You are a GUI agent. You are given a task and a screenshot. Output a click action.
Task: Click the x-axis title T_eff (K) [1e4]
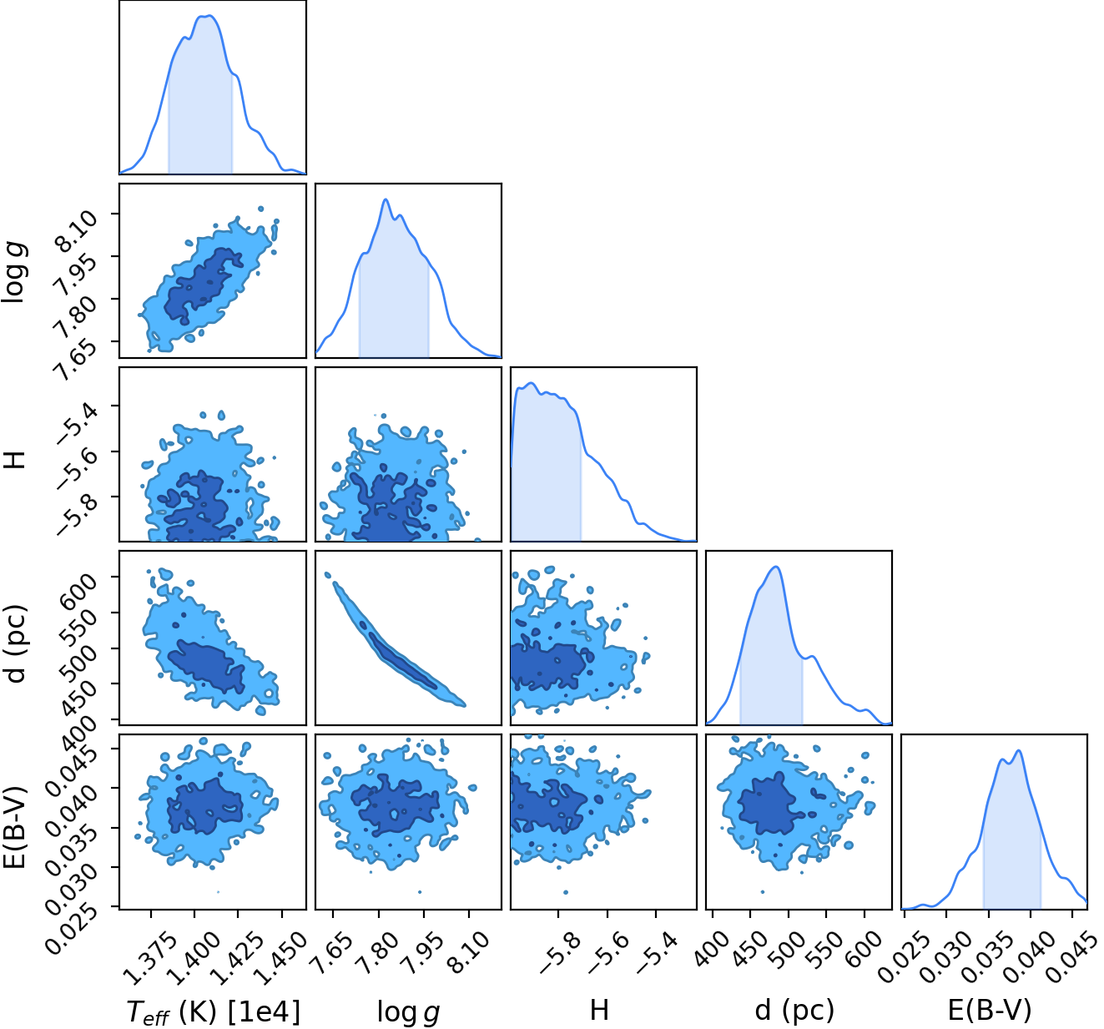coord(214,1011)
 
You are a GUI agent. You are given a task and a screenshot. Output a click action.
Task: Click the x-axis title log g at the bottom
coord(409,1011)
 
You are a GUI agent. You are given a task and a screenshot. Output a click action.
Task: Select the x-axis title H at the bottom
coord(598,1010)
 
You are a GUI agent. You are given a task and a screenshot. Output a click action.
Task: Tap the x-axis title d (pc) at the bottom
coord(794,1011)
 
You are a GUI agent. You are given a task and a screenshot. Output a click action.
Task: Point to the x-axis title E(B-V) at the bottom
coord(990,1011)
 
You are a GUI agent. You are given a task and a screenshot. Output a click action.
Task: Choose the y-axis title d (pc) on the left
coord(16,643)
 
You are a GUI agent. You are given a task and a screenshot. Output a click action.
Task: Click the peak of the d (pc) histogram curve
coord(776,567)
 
